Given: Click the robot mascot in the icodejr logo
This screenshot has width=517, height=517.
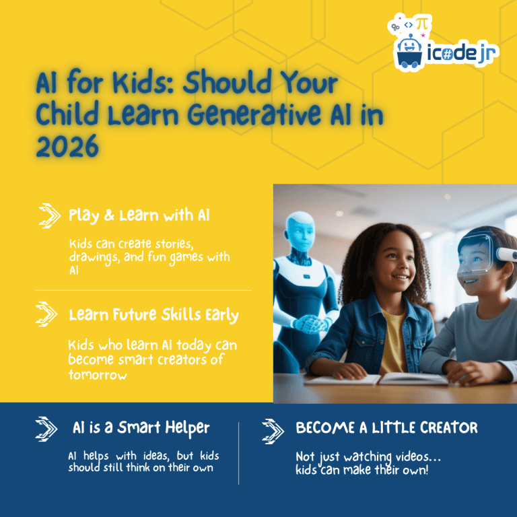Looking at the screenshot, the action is [x=409, y=51].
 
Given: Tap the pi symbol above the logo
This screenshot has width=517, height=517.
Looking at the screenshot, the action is [x=422, y=24].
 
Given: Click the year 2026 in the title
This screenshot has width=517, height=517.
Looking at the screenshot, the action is [x=67, y=146].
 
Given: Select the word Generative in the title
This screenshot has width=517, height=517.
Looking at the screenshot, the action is [x=254, y=114].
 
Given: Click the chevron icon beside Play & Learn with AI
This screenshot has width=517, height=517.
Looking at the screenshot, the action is [x=49, y=215].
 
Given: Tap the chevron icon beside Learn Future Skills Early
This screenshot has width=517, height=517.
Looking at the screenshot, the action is [x=46, y=314].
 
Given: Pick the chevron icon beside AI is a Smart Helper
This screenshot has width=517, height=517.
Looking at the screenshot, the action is [x=46, y=429].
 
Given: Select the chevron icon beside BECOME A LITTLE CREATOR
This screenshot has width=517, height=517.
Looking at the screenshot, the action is [x=273, y=432].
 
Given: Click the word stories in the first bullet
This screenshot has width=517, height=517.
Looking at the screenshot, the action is [x=174, y=244].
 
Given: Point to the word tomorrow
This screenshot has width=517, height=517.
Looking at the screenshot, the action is [x=98, y=375].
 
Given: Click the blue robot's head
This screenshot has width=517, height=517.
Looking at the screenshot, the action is [x=300, y=232].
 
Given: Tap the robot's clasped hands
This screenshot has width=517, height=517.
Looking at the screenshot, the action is [x=310, y=324].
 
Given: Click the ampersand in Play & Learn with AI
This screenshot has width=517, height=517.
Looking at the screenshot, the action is [x=109, y=215].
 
